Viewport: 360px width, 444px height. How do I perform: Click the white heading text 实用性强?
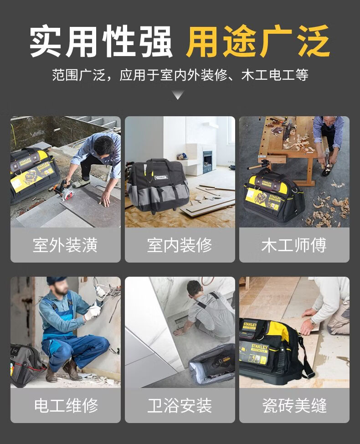101,41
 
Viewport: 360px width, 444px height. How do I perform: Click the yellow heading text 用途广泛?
258,41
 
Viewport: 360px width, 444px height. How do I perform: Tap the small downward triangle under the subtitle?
178,95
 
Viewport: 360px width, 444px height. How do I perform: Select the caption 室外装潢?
65,245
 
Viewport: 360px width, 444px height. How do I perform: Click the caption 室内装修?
180,245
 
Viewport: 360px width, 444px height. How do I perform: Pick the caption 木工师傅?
294,245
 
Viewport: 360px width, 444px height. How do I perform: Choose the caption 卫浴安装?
180,406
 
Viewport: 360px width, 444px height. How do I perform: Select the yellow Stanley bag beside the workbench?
273,196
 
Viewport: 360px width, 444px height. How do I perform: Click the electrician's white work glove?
93,312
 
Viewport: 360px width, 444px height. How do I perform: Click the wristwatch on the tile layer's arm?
313,322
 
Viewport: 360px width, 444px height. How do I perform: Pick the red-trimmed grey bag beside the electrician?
27,365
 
